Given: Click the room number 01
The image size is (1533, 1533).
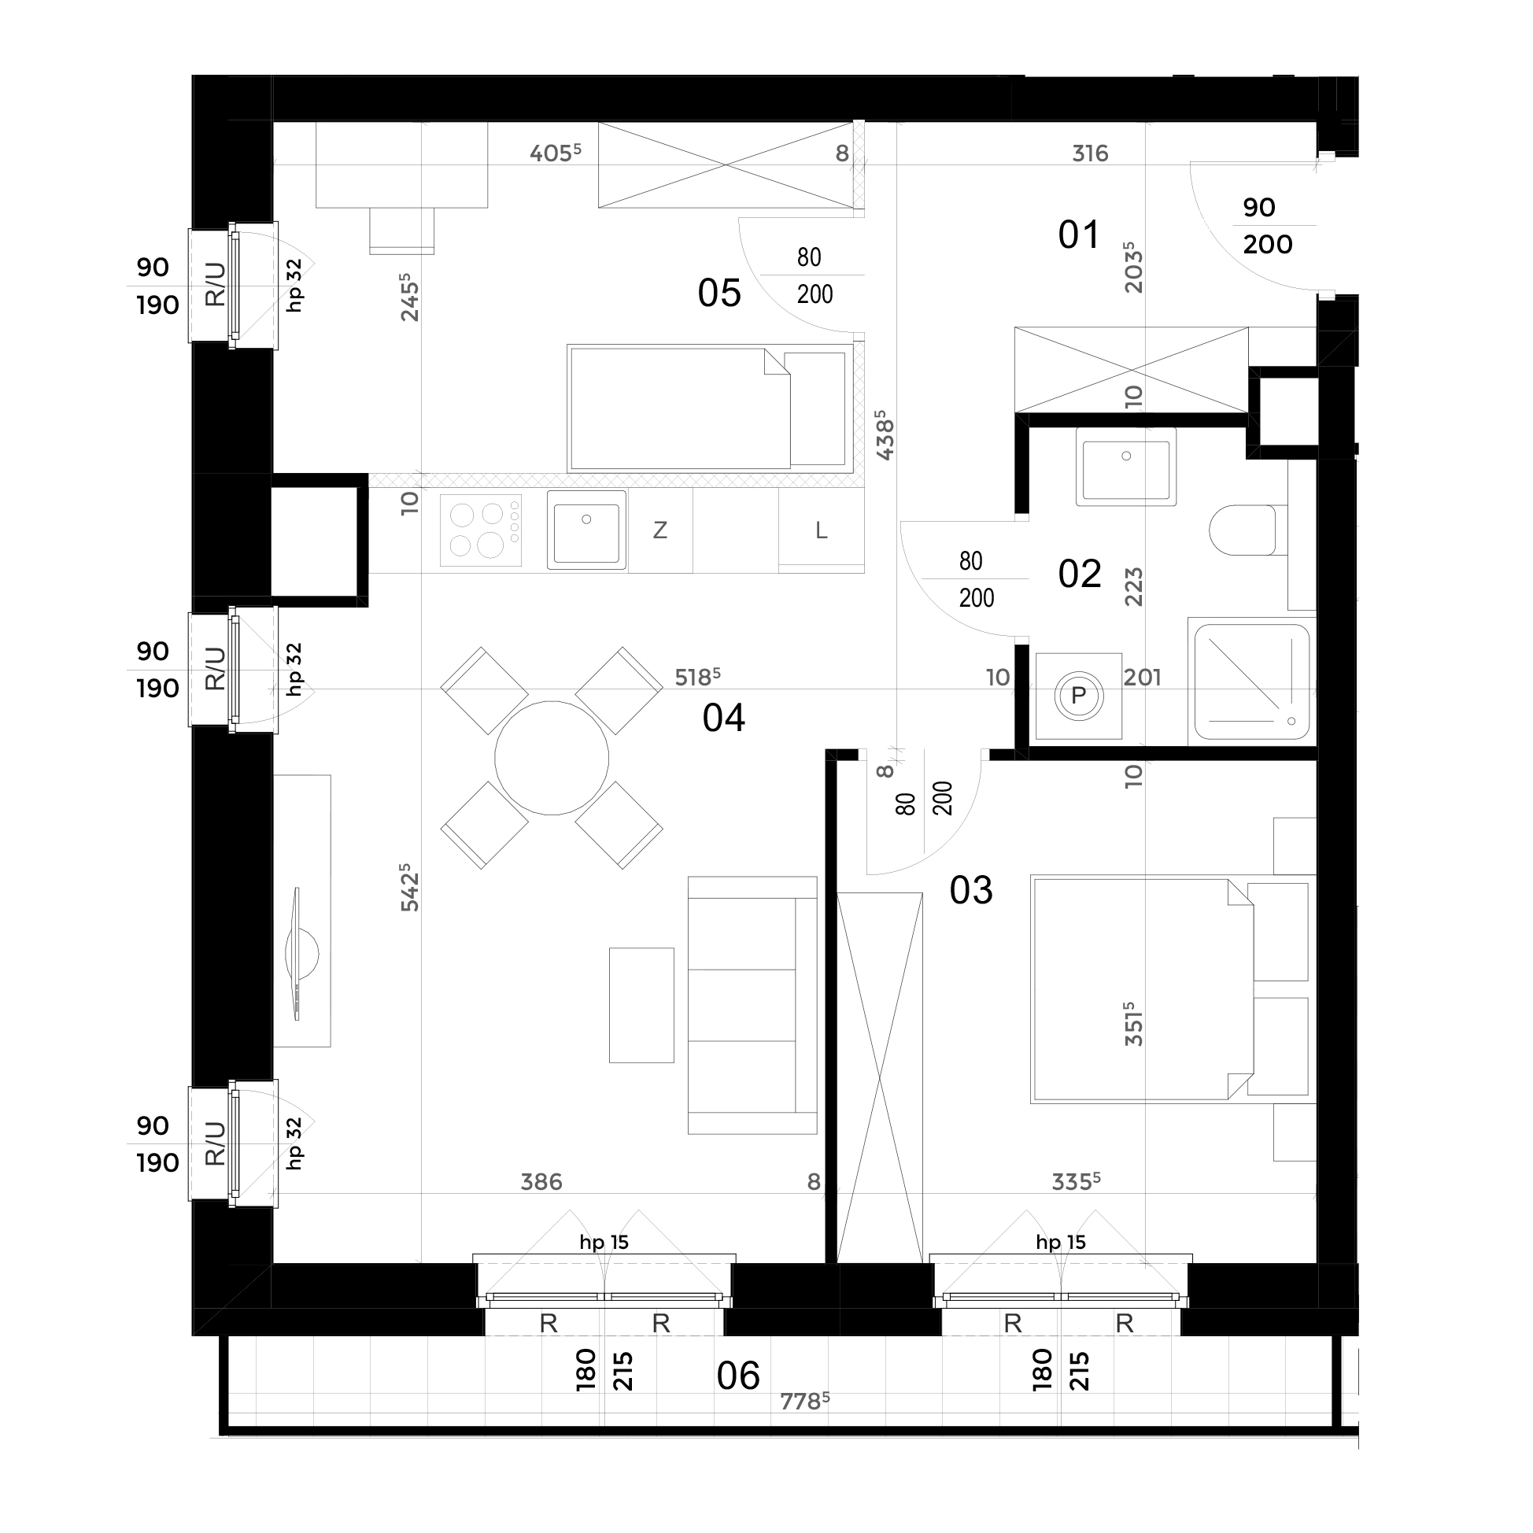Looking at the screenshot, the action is tap(1079, 235).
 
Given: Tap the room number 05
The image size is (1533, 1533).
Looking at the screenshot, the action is tap(719, 293).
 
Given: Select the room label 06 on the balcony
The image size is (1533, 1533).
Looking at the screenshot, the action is tap(738, 1376).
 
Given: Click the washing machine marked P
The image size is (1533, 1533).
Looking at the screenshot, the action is tap(1078, 696).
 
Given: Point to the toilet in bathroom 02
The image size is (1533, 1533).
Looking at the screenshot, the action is tap(1242, 530).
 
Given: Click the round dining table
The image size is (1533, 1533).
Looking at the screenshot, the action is tap(552, 758).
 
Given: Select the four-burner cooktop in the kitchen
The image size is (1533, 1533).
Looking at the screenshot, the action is tap(481, 530).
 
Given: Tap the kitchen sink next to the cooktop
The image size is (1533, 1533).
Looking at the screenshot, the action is tap(586, 530).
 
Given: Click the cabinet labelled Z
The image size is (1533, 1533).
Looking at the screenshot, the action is tap(660, 530).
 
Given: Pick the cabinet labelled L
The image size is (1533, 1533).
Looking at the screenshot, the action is tap(822, 530).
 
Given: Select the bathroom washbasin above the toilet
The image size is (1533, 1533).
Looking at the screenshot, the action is tap(1126, 467).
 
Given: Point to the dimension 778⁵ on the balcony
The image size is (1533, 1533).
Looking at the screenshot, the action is tap(804, 1402).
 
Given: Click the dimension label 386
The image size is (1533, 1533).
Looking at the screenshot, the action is tap(541, 1182).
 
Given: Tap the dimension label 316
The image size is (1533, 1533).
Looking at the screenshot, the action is tap(1090, 153).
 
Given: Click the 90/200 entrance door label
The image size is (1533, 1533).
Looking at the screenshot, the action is tap(1267, 226).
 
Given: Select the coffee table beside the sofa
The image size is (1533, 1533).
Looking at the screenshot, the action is tap(641, 1004).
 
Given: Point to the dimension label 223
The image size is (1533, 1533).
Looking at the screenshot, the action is tap(1134, 586).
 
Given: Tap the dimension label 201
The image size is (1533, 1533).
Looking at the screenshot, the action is tap(1143, 677).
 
